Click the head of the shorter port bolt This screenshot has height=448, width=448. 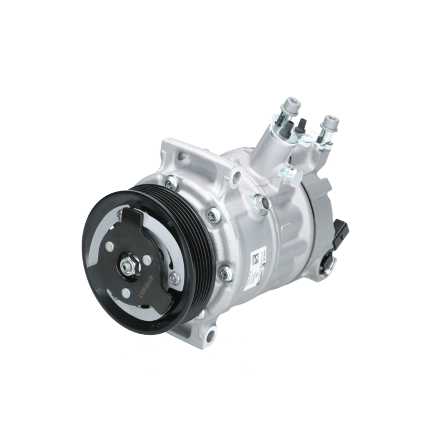click(332, 122)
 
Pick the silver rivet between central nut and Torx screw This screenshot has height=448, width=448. click(147, 260)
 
